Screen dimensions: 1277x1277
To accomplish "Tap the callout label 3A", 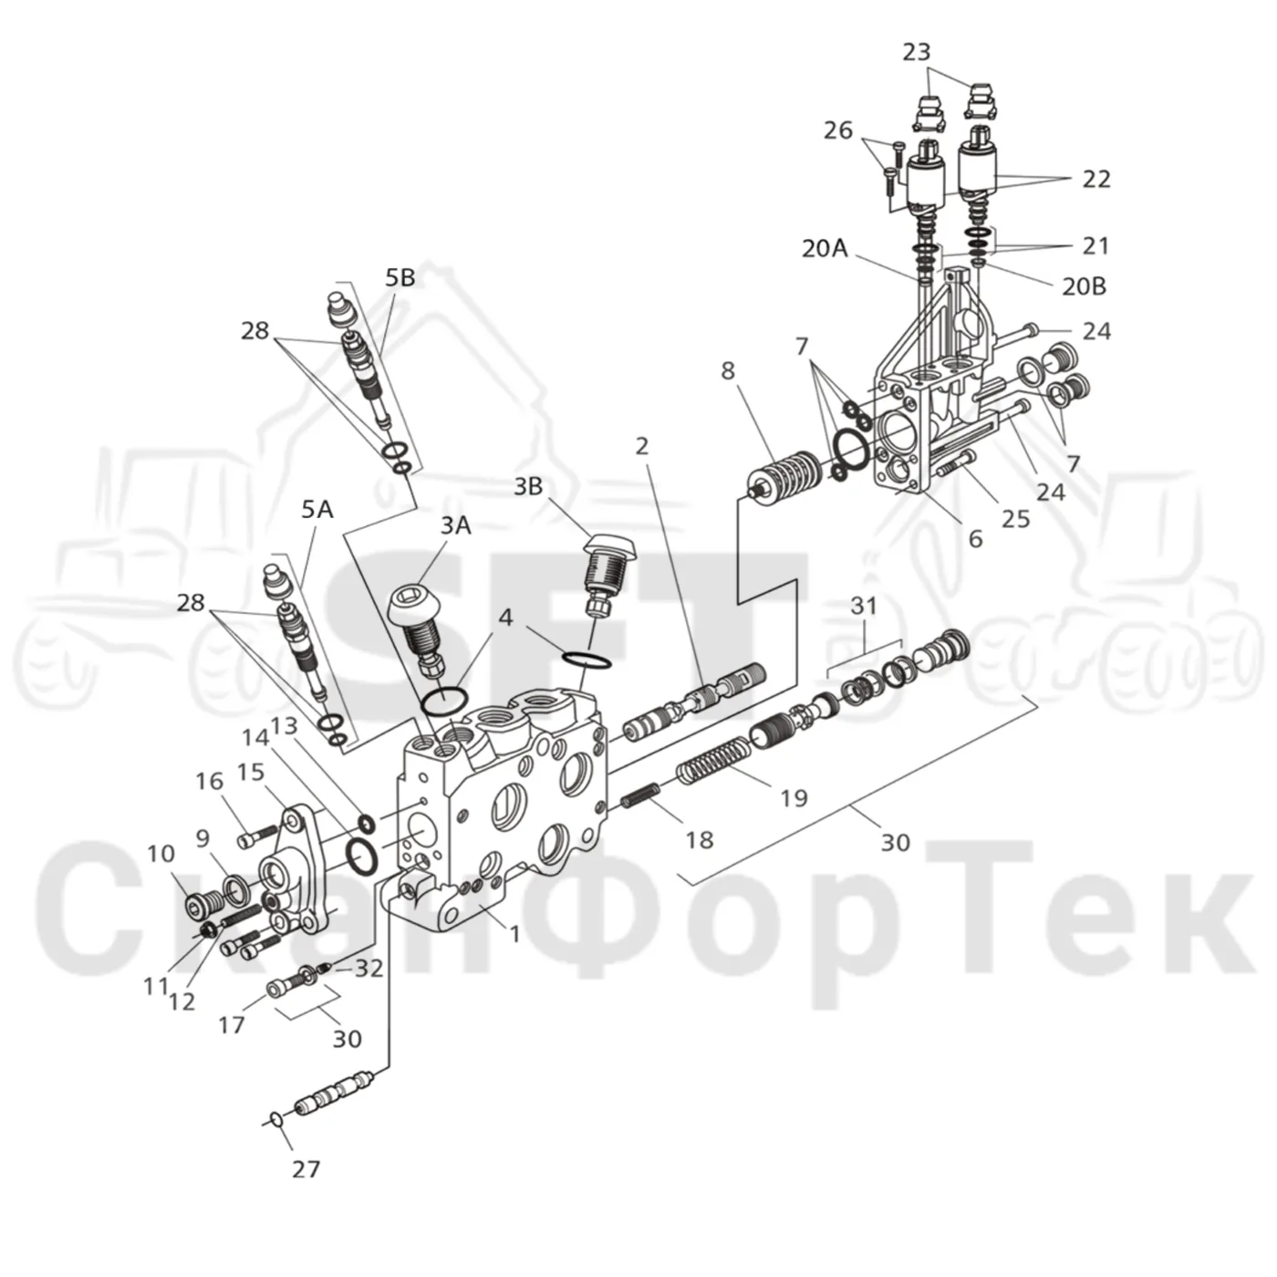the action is [x=455, y=526].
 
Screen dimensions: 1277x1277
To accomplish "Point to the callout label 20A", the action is [x=825, y=248].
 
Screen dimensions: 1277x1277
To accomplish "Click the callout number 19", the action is [x=794, y=798].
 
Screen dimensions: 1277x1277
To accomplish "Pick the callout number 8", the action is [x=728, y=370].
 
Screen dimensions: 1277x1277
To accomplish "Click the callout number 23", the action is [x=917, y=52].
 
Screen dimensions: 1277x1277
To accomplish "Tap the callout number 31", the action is [x=864, y=606].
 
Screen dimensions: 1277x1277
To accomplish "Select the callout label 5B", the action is [x=400, y=278].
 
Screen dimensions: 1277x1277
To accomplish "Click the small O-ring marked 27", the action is [x=277, y=1120].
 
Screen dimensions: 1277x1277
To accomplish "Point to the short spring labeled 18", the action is [x=641, y=795].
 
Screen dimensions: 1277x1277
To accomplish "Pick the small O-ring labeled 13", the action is [x=366, y=824].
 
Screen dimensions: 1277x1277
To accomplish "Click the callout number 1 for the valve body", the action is [x=515, y=935].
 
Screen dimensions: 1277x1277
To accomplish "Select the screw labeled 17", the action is [x=281, y=990].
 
